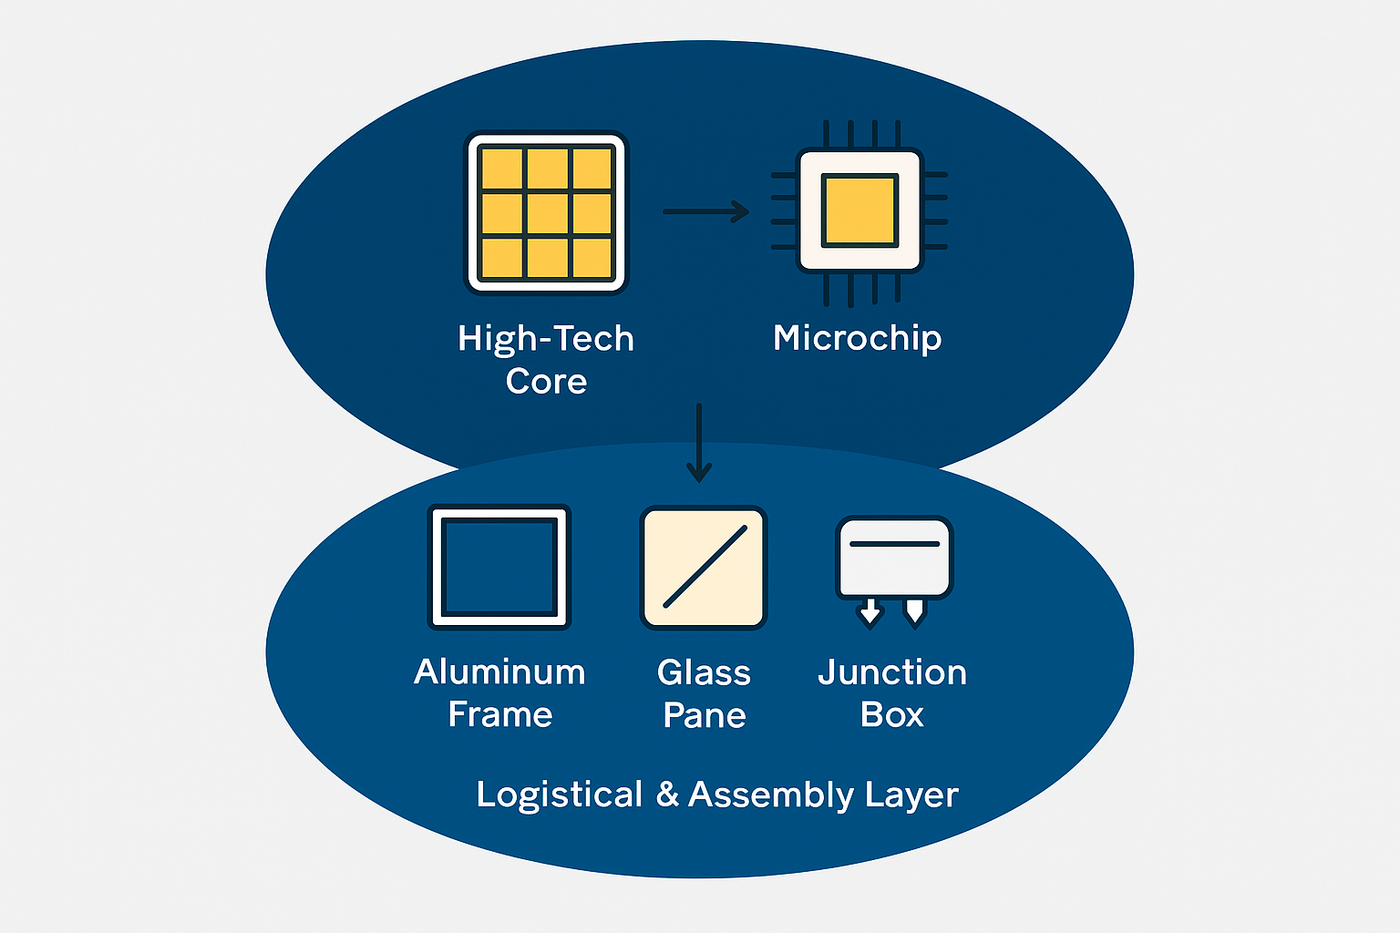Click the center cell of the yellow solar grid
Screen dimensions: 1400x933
pyautogui.click(x=548, y=213)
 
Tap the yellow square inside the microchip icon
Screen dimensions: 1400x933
pyautogui.click(x=860, y=210)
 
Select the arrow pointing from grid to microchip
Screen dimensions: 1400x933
pyautogui.click(x=706, y=211)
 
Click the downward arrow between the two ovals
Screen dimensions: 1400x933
pyautogui.click(x=699, y=443)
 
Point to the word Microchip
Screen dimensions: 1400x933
pyautogui.click(x=857, y=339)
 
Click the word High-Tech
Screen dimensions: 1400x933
pyautogui.click(x=546, y=339)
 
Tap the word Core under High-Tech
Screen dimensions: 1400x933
pyautogui.click(x=546, y=381)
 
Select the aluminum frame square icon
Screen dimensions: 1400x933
pyautogui.click(x=499, y=567)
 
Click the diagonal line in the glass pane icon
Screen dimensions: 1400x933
pyautogui.click(x=705, y=567)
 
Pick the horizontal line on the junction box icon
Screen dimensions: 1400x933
pyautogui.click(x=894, y=544)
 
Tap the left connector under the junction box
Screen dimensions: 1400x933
pyautogui.click(x=870, y=612)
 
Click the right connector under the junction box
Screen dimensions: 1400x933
pyautogui.click(x=914, y=612)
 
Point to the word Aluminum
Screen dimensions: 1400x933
pyautogui.click(x=499, y=672)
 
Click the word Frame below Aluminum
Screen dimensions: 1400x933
pyautogui.click(x=500, y=714)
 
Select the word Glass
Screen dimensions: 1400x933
pyautogui.click(x=704, y=672)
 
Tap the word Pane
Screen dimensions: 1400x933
pyautogui.click(x=705, y=715)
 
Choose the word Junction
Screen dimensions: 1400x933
pyautogui.click(x=892, y=672)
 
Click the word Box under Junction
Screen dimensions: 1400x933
pyautogui.click(x=892, y=714)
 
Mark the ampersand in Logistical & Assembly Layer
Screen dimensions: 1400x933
pyautogui.click(x=667, y=794)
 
